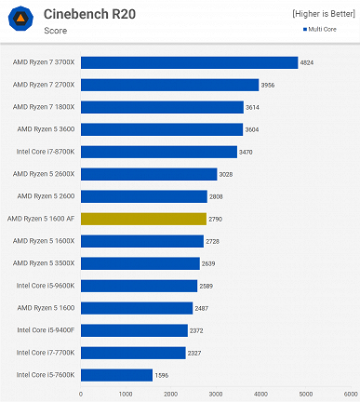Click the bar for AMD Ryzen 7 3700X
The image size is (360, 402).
point(189,62)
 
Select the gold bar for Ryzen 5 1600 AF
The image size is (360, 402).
point(143,219)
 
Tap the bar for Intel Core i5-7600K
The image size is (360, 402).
point(116,375)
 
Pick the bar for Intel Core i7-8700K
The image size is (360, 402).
point(158,152)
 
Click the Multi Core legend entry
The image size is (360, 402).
point(325,29)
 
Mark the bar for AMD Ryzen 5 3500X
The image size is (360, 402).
point(140,263)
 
